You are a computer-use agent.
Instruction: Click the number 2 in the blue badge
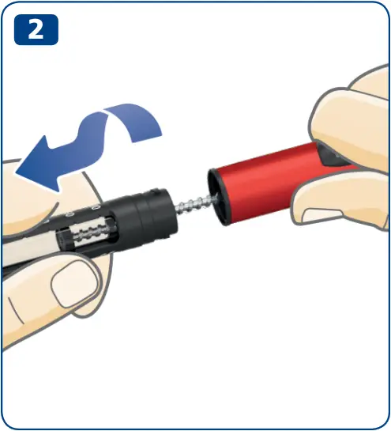pos(36,29)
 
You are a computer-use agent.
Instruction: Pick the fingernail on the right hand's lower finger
pos(321,216)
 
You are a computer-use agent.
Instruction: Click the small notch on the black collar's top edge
pos(155,191)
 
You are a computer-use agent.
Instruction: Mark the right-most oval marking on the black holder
pos(96,208)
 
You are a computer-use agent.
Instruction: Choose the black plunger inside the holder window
pos(64,239)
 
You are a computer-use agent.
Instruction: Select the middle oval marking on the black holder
pos(70,214)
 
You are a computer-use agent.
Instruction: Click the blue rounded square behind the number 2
pos(36,29)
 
